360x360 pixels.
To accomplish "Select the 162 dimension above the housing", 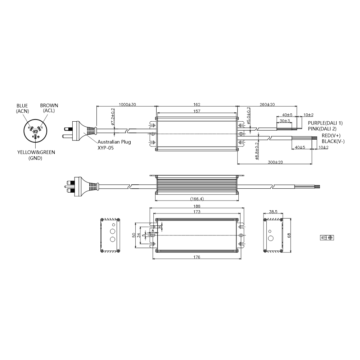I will (x=196, y=104).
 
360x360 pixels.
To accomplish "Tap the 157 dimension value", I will (x=196, y=112).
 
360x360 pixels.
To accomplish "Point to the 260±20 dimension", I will (x=267, y=104).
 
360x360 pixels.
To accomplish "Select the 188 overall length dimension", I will (x=196, y=206).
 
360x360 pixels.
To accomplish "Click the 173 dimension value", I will (x=196, y=213).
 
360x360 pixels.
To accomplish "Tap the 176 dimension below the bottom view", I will (x=196, y=257).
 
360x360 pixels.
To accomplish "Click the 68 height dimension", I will (x=289, y=235).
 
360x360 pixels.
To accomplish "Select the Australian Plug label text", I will (x=111, y=142).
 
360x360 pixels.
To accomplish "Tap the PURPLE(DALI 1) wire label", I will (x=325, y=123).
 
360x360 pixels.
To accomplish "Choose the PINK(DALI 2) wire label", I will (x=322, y=129).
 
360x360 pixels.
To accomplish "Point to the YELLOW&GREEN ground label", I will (x=36, y=152).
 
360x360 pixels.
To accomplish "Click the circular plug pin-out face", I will (x=35, y=130).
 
